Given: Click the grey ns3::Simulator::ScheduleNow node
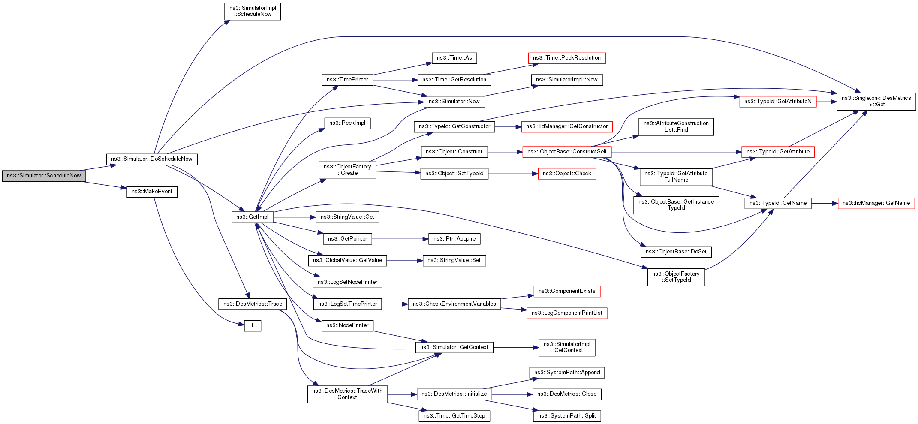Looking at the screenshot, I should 44,176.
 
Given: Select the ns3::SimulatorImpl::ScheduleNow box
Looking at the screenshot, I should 253,11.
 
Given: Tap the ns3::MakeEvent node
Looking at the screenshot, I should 152,192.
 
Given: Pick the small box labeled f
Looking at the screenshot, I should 253,325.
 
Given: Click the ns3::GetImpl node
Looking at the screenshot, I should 253,217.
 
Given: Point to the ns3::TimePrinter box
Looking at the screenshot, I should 347,80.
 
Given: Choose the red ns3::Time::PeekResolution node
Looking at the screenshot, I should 566,58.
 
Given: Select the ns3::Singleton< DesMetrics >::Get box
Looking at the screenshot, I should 876,102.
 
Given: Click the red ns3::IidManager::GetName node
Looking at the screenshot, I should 876,203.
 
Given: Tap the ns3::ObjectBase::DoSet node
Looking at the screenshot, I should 676,252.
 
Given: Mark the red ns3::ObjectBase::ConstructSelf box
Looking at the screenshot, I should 566,152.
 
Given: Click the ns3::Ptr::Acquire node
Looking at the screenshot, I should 454,239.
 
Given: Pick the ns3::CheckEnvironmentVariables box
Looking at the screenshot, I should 454,304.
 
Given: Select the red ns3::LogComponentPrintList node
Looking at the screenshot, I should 566,313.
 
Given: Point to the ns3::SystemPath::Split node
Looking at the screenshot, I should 566,416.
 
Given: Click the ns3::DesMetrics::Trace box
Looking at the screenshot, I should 253,304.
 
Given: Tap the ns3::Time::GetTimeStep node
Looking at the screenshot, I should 454,416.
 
